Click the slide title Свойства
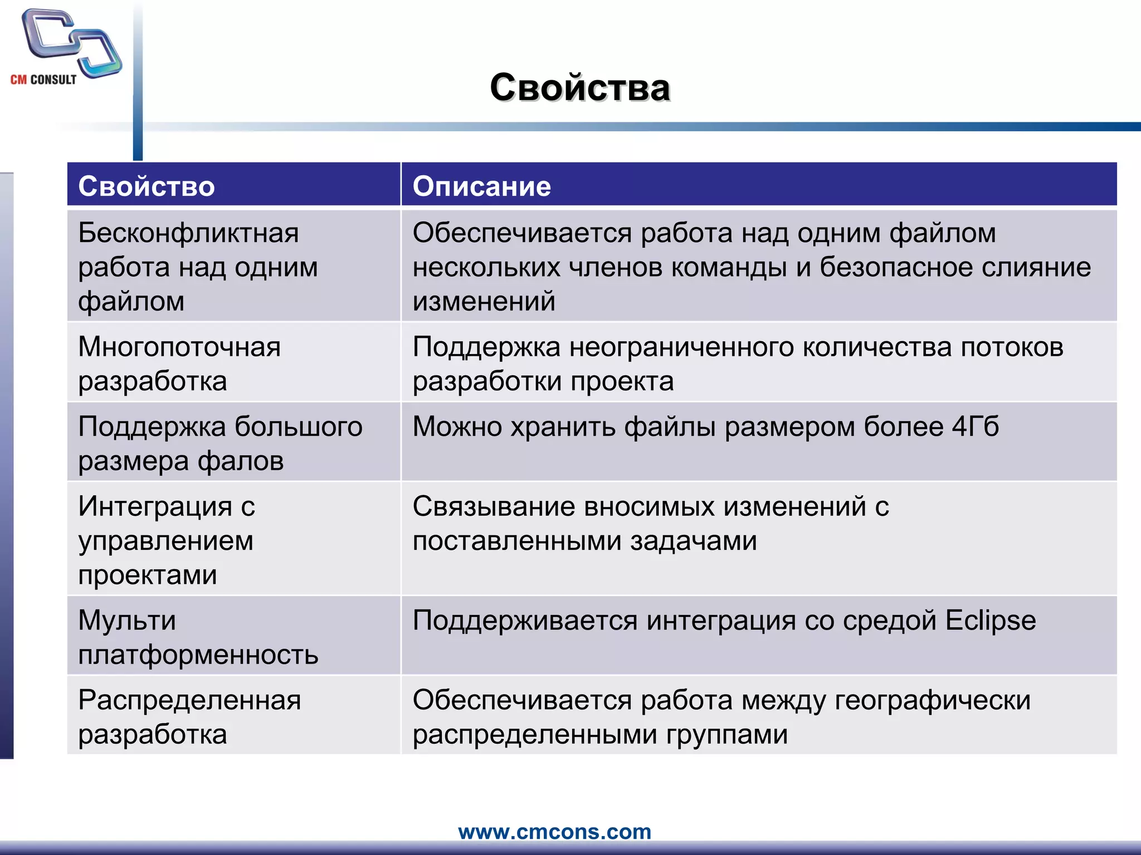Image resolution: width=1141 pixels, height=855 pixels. tap(579, 88)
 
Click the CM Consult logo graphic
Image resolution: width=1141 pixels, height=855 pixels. tap(71, 43)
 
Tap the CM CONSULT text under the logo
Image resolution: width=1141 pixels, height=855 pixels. tap(43, 80)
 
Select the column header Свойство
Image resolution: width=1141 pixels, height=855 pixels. tap(146, 186)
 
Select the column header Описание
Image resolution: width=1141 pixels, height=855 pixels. tap(481, 186)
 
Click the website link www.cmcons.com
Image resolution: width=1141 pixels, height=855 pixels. tap(554, 832)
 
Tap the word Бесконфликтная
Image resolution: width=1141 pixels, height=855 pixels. tap(188, 233)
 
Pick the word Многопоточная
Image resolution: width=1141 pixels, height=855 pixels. tap(179, 347)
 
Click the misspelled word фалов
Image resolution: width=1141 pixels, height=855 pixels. tap(241, 461)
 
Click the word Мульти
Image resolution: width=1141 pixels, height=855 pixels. tap(127, 620)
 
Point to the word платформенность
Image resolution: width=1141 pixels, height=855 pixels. tap(198, 655)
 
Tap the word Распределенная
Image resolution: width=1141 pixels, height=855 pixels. tap(189, 700)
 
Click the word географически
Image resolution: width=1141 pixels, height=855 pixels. tap(932, 700)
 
